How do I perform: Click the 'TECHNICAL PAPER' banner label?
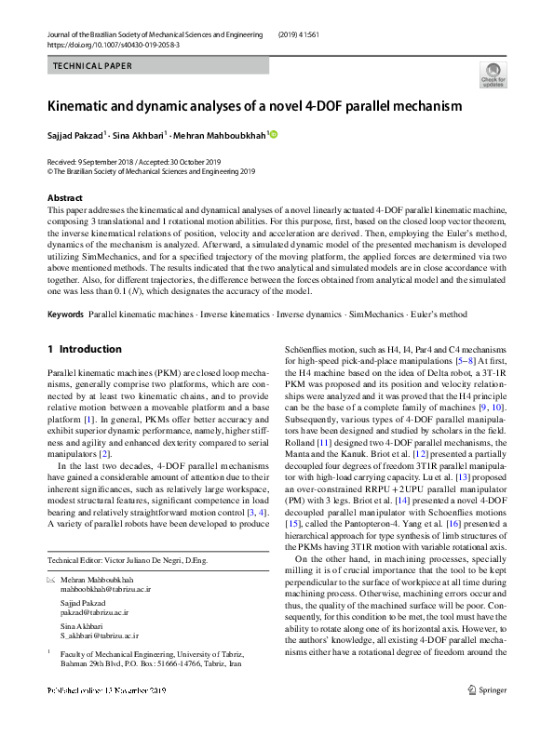tap(92, 66)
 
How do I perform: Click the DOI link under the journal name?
tap(114, 44)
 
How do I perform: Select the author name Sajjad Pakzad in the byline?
tap(75, 135)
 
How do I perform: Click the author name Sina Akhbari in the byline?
tap(138, 135)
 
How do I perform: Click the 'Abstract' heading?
tap(64, 198)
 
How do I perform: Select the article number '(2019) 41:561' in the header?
tap(306, 33)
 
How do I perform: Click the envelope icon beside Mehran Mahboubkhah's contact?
tap(51, 579)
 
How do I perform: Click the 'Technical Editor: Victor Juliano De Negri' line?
tap(126, 559)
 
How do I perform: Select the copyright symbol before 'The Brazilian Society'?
tap(50, 171)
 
